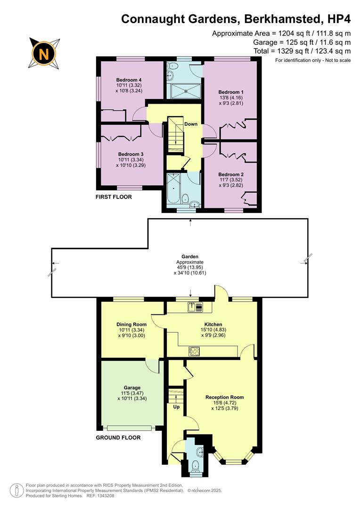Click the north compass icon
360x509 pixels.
(x=44, y=52)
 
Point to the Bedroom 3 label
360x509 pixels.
(x=131, y=154)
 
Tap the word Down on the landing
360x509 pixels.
(x=191, y=124)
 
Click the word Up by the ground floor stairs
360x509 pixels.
(x=176, y=406)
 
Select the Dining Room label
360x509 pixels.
(x=131, y=324)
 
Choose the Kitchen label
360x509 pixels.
(x=200, y=324)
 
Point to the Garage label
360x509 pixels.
(x=131, y=387)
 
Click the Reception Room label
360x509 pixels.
(x=224, y=397)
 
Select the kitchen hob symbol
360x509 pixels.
(x=194, y=350)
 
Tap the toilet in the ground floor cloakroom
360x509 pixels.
(x=195, y=465)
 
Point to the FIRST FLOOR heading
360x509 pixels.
(x=114, y=197)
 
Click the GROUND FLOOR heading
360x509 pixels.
(x=118, y=437)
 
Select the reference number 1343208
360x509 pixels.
(x=104, y=495)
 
